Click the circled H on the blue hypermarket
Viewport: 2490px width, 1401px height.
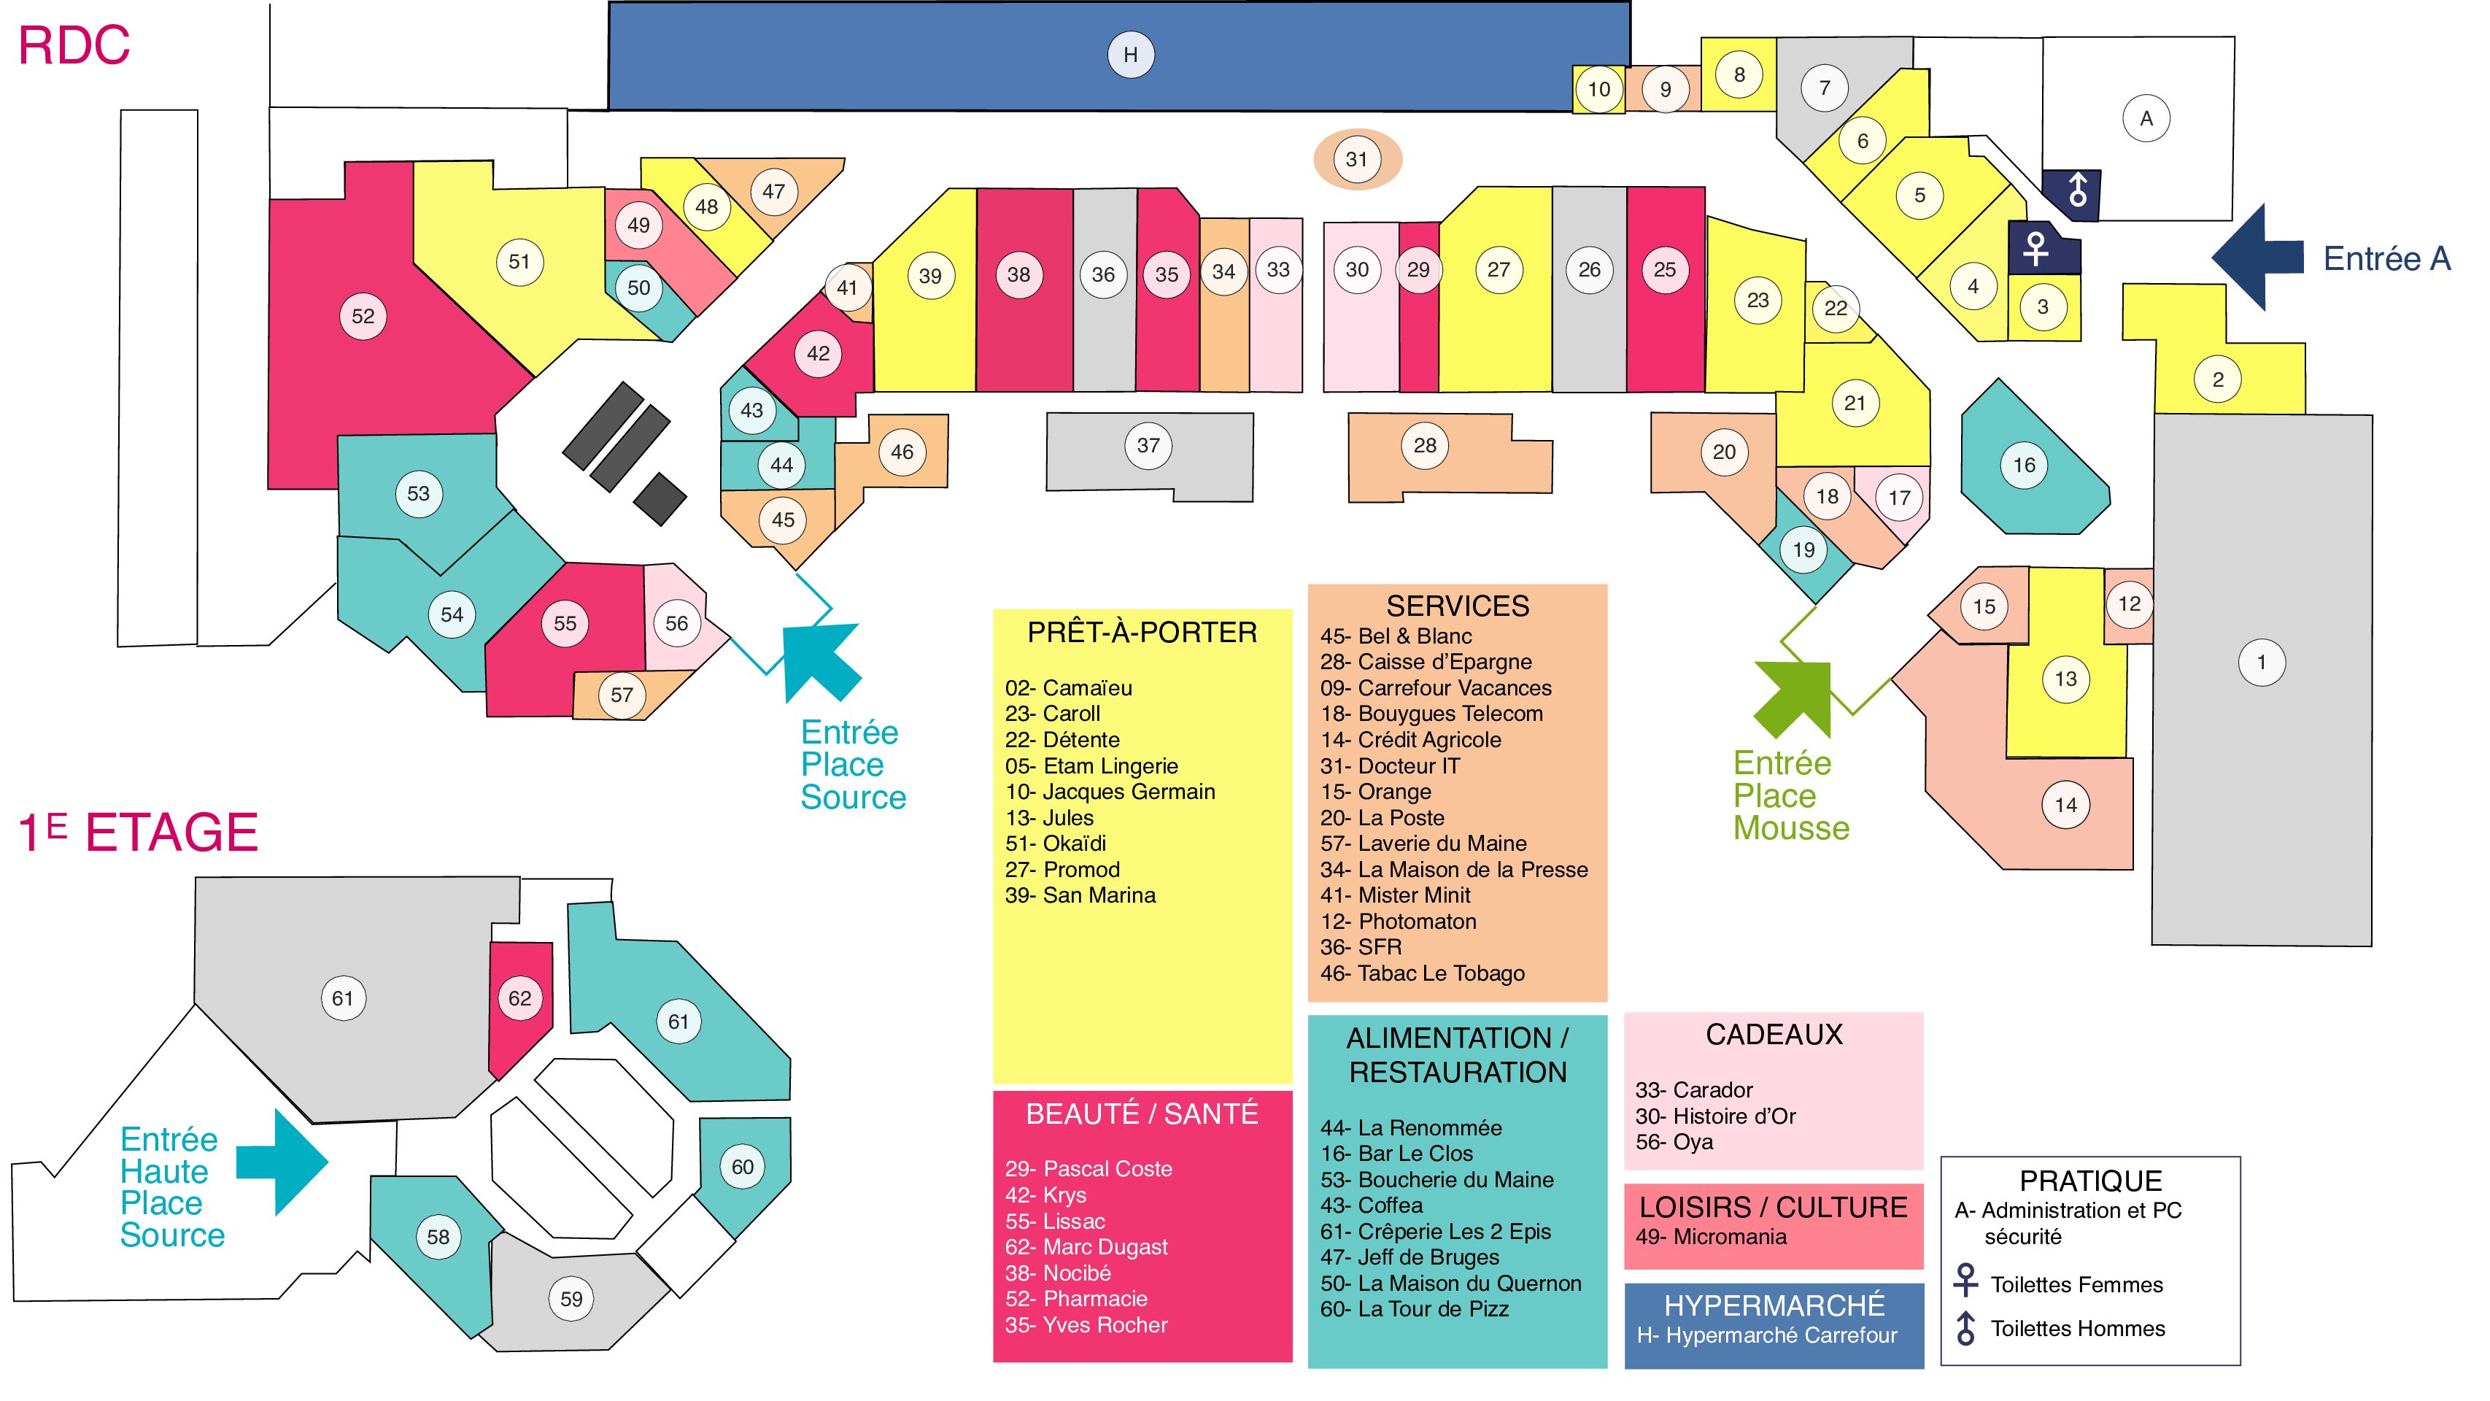coord(1130,55)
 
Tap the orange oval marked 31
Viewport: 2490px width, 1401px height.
coord(1356,160)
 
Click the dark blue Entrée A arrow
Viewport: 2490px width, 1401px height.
coord(2258,257)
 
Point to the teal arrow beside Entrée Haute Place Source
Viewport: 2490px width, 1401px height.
coord(282,1162)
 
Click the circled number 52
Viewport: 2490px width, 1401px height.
coord(363,316)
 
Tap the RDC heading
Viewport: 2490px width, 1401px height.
coord(74,45)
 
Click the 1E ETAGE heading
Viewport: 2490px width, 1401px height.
coord(138,833)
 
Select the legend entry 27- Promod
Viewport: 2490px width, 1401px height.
coord(1062,869)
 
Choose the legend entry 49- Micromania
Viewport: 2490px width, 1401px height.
coord(1711,1237)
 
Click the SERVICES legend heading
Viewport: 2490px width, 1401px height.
coord(1458,606)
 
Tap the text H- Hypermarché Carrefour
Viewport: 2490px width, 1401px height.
coord(1767,1335)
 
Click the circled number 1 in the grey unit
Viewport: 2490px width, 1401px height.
coord(2261,663)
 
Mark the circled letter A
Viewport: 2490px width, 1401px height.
coord(2146,118)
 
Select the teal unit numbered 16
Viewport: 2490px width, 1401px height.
coord(2030,459)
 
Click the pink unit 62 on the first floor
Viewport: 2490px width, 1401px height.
coord(521,1006)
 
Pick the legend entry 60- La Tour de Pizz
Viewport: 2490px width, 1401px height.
coord(1414,1309)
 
